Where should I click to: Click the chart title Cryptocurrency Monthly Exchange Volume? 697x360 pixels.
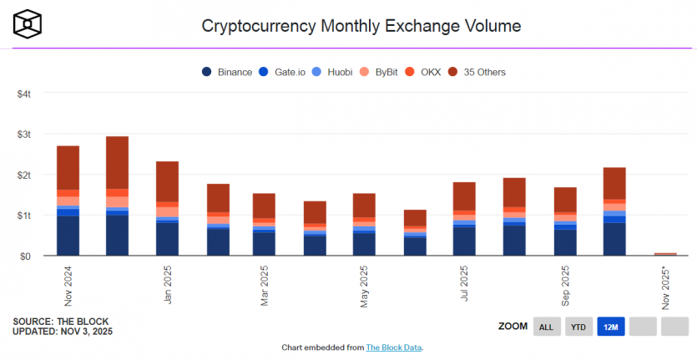[x=361, y=26]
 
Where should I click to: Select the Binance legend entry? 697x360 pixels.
[x=228, y=72]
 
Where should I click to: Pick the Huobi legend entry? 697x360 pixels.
[x=340, y=72]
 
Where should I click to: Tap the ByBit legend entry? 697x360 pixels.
[x=390, y=72]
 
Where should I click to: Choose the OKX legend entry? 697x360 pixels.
[x=437, y=72]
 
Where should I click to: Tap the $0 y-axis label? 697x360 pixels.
[x=26, y=256]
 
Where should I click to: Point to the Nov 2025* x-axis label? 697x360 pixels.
[x=665, y=289]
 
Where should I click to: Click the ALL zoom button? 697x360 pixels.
[x=546, y=327]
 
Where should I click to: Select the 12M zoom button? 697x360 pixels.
[x=609, y=327]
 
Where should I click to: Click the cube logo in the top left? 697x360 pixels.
[x=29, y=24]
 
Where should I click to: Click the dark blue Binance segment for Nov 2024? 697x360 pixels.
[x=68, y=236]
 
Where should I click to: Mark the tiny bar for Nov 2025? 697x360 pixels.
[x=665, y=254]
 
